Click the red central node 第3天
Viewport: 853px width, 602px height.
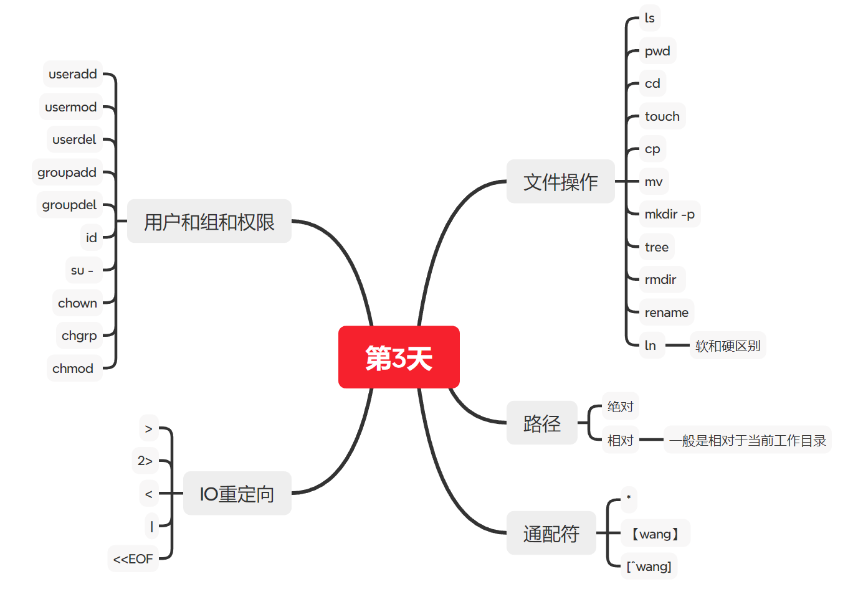399,357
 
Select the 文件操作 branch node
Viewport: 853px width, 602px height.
560,182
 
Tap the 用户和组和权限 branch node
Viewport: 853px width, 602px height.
209,222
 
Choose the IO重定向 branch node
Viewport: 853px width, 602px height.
237,494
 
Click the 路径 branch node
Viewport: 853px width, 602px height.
541,423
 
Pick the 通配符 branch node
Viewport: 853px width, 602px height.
551,534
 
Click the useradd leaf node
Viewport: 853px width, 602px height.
73,74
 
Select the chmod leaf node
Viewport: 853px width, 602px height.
73,369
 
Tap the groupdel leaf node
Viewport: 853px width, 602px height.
69,205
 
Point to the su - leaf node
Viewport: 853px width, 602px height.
82,270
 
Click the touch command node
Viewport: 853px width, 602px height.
662,116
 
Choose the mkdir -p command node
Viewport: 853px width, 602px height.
669,214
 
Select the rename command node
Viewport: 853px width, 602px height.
666,313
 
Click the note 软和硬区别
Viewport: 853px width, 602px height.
728,346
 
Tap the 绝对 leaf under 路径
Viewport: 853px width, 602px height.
620,407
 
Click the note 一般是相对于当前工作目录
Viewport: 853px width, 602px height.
747,440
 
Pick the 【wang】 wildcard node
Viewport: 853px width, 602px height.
655,534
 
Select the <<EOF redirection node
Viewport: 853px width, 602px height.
133,559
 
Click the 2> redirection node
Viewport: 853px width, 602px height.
145,461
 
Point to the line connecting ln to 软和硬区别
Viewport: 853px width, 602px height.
677,345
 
